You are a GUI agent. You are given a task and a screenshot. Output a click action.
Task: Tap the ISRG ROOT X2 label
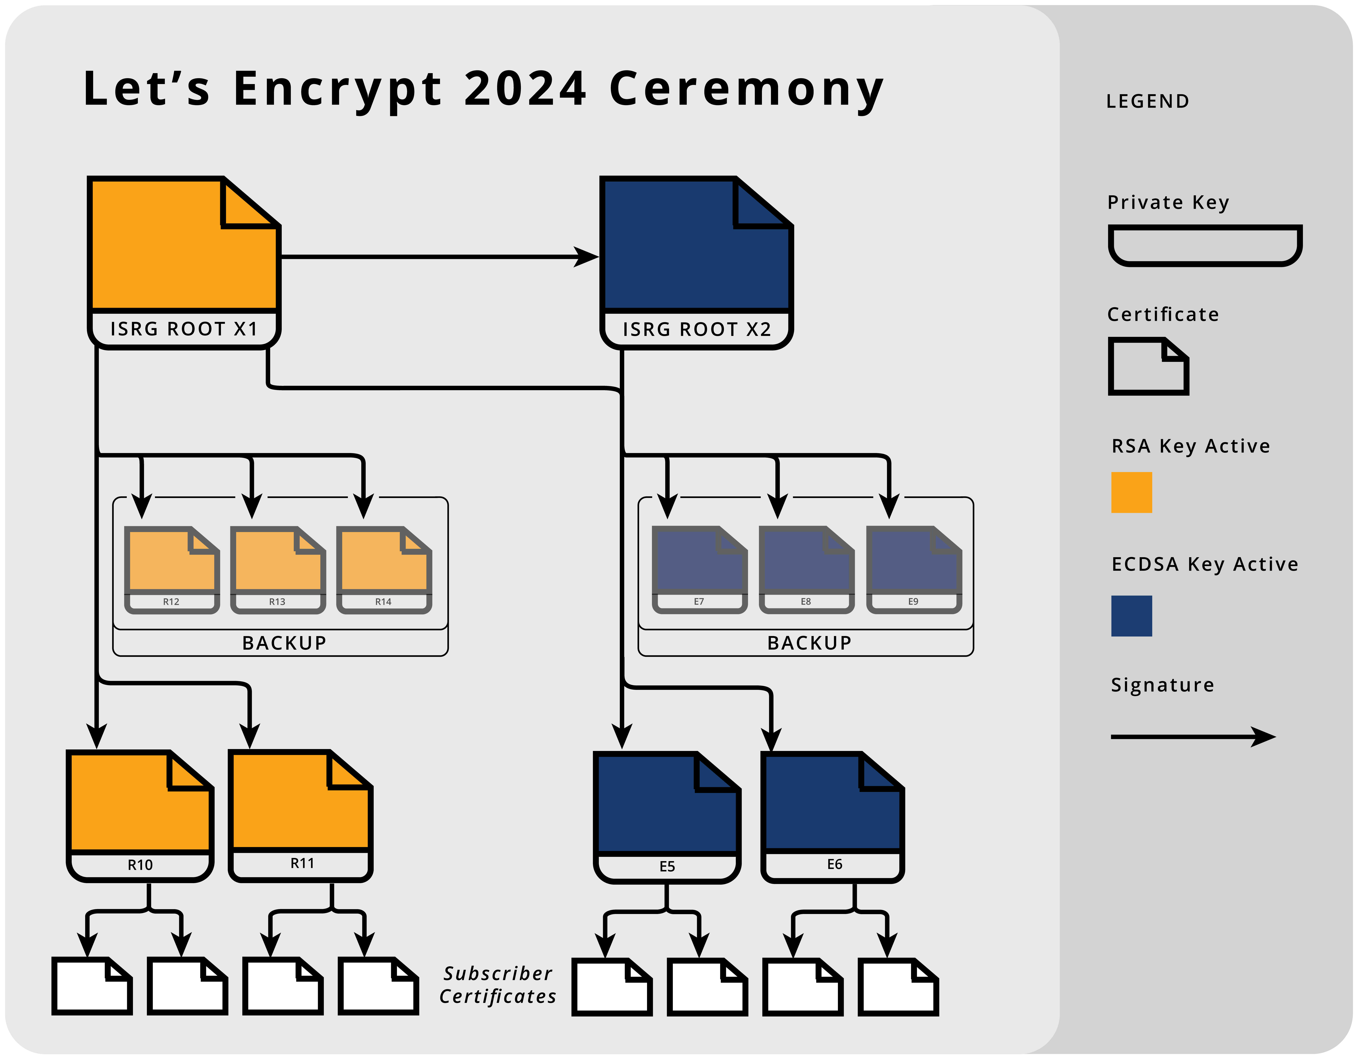tap(697, 329)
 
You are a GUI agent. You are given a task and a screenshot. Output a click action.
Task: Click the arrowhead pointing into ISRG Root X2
tap(586, 257)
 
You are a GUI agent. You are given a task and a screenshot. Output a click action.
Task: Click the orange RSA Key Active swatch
tap(1131, 492)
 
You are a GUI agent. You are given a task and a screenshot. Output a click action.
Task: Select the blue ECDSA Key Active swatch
tap(1131, 616)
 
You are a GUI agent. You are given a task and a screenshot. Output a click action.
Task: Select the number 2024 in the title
tap(525, 88)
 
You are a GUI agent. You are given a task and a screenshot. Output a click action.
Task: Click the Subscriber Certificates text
tap(497, 985)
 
